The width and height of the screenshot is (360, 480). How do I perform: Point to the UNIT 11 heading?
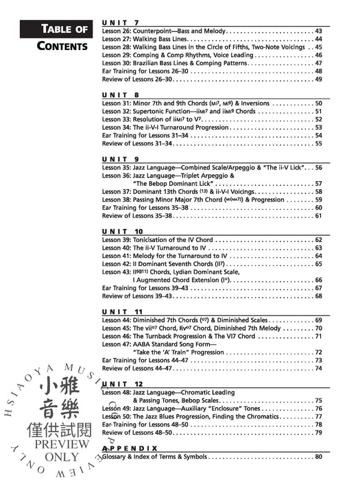(x=123, y=311)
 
